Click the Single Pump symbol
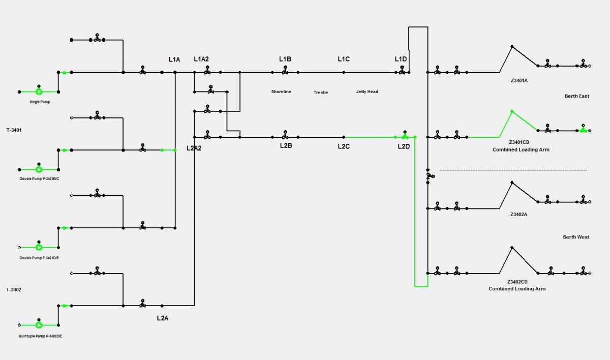coord(39,92)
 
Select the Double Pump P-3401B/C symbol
coord(39,169)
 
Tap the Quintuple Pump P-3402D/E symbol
coord(39,325)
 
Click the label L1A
coord(174,59)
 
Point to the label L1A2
coord(201,59)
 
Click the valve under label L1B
coord(285,72)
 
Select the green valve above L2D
coord(405,136)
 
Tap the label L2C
coord(344,147)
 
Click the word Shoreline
coord(281,92)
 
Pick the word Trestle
coord(321,93)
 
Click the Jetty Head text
coord(367,92)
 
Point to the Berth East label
coord(576,96)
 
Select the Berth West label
coord(576,237)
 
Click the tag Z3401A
coord(519,80)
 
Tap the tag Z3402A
coord(519,215)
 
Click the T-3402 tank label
coord(14,289)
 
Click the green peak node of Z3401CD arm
coord(512,111)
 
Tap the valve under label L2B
coord(285,136)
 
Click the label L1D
coord(401,59)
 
